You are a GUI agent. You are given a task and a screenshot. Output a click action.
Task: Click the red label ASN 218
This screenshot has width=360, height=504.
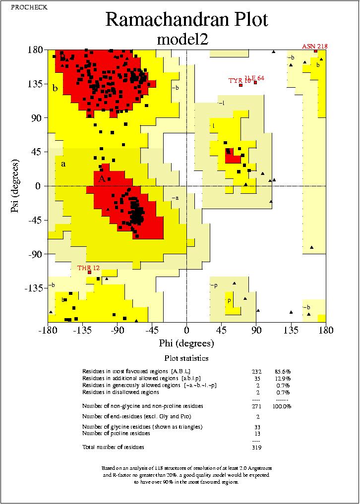tap(314, 47)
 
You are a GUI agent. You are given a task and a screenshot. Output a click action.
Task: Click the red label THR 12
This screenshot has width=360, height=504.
tap(88, 268)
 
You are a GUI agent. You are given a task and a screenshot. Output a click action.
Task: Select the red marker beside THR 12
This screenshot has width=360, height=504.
tap(90, 272)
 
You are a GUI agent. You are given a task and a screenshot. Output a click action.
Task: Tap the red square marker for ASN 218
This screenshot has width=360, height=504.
tap(315, 51)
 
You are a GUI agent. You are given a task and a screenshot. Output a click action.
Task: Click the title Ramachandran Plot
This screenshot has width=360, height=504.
tap(186, 20)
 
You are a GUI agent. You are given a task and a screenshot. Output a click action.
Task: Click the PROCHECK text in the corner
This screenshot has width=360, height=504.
tap(23, 6)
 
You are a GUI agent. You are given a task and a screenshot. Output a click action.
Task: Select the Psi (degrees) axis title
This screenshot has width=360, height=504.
tap(15, 186)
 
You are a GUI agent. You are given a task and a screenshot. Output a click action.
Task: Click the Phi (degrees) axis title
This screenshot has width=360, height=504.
tap(186, 343)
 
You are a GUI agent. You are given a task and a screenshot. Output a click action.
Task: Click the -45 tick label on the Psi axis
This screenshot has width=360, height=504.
tap(34, 220)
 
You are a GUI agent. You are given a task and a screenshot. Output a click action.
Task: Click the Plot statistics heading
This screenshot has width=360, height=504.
tap(186, 358)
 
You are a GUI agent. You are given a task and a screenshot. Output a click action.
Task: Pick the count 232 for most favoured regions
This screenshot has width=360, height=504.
tap(256, 371)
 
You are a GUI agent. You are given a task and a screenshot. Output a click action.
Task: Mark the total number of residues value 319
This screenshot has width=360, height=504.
tap(256, 447)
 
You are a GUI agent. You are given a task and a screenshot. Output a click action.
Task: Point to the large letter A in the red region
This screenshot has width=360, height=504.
tap(101, 179)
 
